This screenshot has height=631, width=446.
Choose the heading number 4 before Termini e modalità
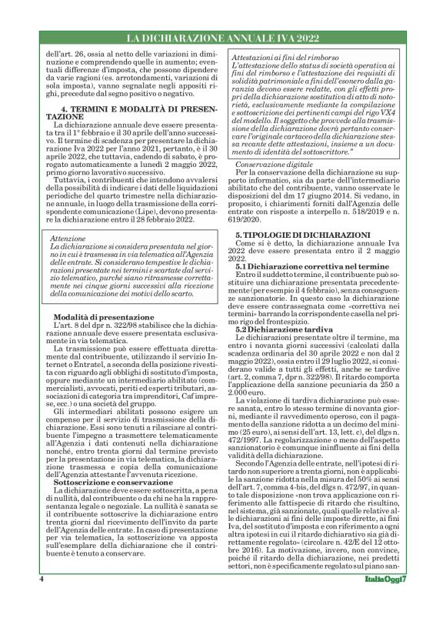[x=65, y=109]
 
